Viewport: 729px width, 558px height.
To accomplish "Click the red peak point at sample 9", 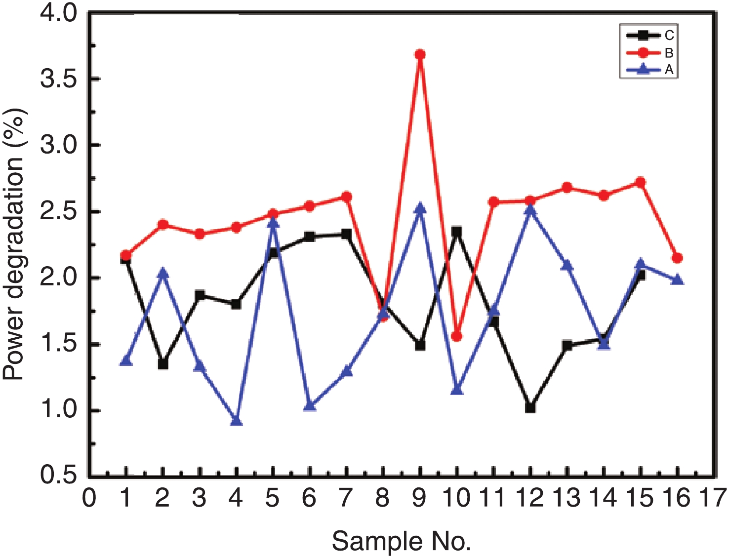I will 420,54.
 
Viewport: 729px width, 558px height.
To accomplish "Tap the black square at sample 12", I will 530,408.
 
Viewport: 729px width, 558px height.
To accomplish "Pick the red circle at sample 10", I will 457,336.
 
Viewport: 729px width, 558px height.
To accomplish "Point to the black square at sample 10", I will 457,231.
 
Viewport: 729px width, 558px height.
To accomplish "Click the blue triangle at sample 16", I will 678,280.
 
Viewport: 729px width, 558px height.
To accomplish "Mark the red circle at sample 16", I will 677,258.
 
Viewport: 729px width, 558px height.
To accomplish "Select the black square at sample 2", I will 163,364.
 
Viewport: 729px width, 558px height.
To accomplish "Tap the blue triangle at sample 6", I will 310,406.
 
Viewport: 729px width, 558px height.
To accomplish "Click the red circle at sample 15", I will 641,182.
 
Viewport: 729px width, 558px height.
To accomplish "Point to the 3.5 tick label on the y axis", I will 59,79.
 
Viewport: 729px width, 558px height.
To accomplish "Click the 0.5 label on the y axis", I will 59,475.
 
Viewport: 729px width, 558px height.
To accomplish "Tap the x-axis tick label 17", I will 713,498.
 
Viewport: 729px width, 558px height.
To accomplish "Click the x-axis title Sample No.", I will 401,542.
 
